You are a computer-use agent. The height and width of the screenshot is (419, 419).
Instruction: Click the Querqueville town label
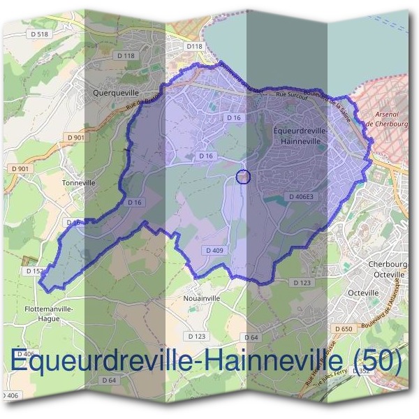click(116, 91)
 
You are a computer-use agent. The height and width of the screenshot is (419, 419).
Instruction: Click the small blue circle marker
click(243, 177)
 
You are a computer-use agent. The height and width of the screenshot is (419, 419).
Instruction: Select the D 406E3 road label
click(302, 197)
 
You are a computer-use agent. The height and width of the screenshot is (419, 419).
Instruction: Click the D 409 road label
click(214, 249)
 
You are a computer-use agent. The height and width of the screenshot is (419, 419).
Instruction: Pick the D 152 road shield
click(34, 271)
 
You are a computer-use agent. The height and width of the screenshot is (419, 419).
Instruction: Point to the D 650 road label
click(343, 328)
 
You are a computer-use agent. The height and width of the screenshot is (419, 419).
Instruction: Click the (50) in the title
click(378, 361)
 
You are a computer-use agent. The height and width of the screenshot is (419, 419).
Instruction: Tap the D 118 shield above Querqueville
click(126, 55)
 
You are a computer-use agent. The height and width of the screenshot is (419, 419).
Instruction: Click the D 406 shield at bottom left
click(10, 396)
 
